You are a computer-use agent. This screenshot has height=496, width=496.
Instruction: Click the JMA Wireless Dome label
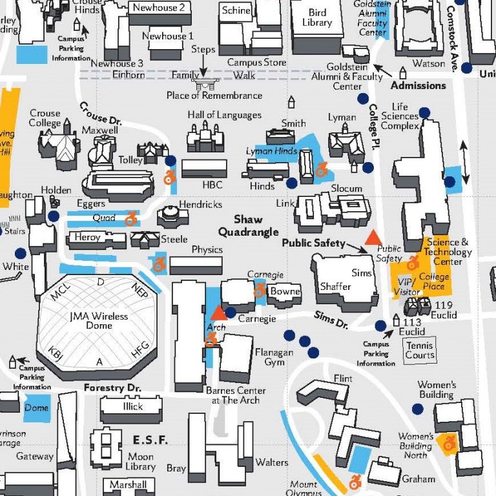point(99,322)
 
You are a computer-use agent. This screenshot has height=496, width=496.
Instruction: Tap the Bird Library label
point(317,17)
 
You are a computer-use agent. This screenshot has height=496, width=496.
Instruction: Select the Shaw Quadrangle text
point(248,225)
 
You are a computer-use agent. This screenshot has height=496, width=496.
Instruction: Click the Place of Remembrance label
point(214,96)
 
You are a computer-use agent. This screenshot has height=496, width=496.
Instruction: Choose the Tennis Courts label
point(420,350)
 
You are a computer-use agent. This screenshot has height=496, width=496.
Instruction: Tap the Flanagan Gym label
point(274,357)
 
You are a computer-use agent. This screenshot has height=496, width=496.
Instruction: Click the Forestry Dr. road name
point(112,388)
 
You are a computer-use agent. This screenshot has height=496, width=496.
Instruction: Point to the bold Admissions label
point(418,85)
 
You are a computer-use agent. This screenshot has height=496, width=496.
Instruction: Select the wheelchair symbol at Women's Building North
point(448,442)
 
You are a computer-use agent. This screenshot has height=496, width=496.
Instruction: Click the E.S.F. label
point(150,440)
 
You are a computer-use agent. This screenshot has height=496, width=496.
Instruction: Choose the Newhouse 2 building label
point(159,8)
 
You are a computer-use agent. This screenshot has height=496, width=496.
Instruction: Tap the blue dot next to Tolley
point(170,160)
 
